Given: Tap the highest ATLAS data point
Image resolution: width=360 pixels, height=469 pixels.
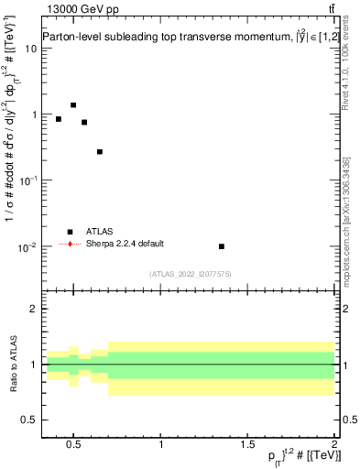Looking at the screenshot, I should [73, 105].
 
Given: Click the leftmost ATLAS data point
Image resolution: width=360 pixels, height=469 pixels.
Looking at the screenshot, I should [59, 119].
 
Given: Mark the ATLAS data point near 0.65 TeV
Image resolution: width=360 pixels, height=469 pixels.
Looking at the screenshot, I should [100, 152].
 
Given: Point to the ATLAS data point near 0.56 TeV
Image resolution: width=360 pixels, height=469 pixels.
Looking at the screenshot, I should [84, 122].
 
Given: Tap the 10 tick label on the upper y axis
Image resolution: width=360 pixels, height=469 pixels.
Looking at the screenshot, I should [29, 49].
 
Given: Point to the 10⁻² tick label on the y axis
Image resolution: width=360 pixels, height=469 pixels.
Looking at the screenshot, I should [27, 247].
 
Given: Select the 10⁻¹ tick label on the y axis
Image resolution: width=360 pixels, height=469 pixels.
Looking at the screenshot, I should [27, 181].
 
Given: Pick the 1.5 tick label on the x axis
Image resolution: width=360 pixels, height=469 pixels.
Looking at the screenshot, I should [247, 444].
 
